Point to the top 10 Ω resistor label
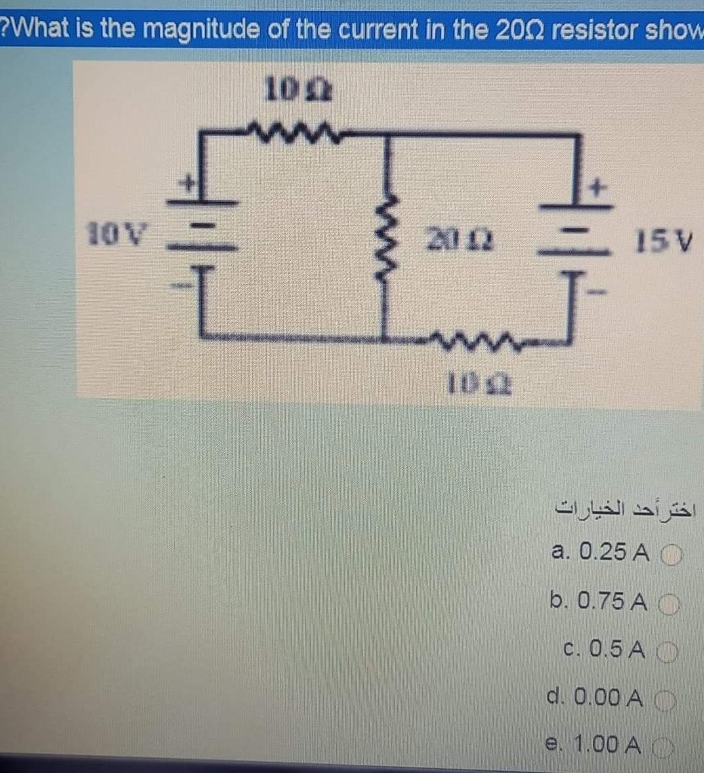[297, 89]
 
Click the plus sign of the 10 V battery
[192, 181]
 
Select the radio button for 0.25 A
[669, 554]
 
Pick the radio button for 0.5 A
[668, 652]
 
